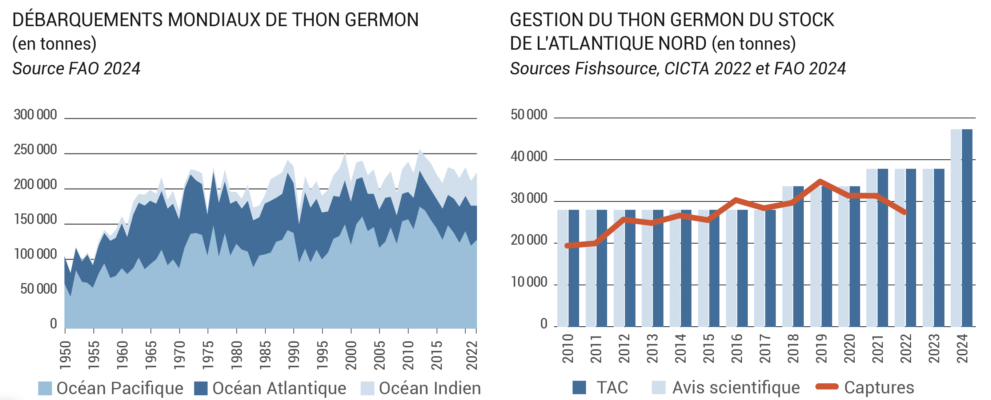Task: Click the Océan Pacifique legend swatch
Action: pos(45,388)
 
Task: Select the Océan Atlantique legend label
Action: pos(279,388)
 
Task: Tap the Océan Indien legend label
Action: pos(430,388)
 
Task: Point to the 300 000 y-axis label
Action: pos(35,114)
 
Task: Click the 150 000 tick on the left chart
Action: pos(35,219)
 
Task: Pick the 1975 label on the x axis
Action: pos(208,355)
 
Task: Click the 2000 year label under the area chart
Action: pos(351,355)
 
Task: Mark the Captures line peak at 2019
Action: pos(820,181)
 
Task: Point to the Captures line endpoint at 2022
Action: pos(905,212)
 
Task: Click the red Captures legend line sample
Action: pos(827,387)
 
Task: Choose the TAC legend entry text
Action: pos(612,387)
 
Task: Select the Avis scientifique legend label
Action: pos(735,387)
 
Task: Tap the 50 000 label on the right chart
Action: pos(529,114)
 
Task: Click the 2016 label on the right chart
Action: pos(736,348)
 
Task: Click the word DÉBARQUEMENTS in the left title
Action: pos(87,20)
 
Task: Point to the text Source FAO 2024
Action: pos(76,68)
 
